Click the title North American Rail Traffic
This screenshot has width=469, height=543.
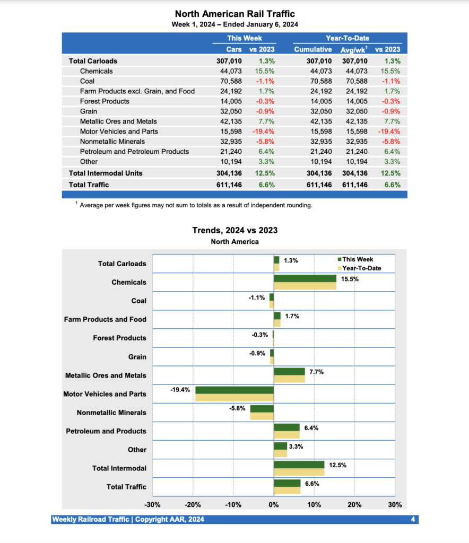(234, 14)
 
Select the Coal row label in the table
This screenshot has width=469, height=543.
(89, 81)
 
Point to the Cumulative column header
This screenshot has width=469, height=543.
(313, 49)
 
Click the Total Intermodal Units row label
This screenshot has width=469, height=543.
(106, 173)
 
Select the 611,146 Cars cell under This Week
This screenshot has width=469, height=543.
(229, 185)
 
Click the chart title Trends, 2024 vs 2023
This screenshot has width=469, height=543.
(234, 230)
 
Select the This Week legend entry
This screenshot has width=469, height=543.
(357, 259)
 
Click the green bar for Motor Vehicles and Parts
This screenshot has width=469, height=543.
(234, 390)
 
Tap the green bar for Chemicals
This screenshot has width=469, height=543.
(305, 278)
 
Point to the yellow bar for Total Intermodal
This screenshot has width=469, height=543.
(299, 472)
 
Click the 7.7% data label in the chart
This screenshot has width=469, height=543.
(316, 372)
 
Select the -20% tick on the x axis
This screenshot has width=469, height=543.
(193, 504)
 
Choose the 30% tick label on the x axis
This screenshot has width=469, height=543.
(395, 504)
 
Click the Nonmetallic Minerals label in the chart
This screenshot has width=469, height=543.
(111, 413)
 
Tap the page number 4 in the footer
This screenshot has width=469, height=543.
(413, 519)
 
